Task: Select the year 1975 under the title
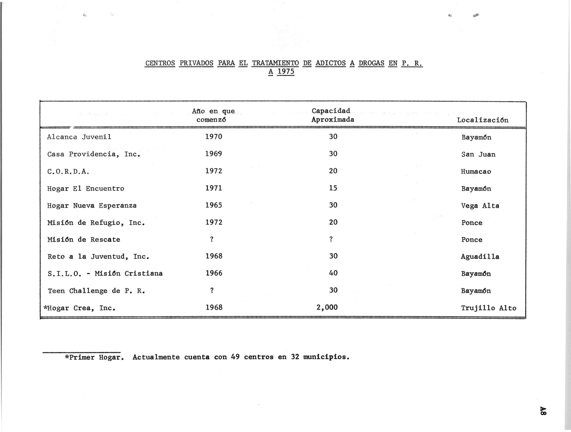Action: click(286, 71)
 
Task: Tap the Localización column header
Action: click(482, 120)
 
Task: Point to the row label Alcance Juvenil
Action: click(79, 137)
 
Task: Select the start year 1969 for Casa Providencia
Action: click(214, 154)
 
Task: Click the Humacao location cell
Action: click(476, 171)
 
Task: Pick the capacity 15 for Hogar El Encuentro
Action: click(333, 188)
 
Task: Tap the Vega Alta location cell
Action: click(480, 206)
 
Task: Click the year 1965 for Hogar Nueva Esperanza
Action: click(214, 205)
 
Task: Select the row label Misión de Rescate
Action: click(84, 240)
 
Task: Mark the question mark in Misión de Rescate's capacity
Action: click(331, 239)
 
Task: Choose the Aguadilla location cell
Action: click(480, 257)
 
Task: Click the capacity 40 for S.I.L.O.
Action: click(333, 273)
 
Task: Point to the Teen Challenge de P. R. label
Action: click(96, 291)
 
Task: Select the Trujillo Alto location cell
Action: click(488, 308)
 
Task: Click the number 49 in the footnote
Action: click(235, 357)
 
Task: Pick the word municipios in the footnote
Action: click(326, 357)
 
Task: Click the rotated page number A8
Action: click(543, 410)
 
